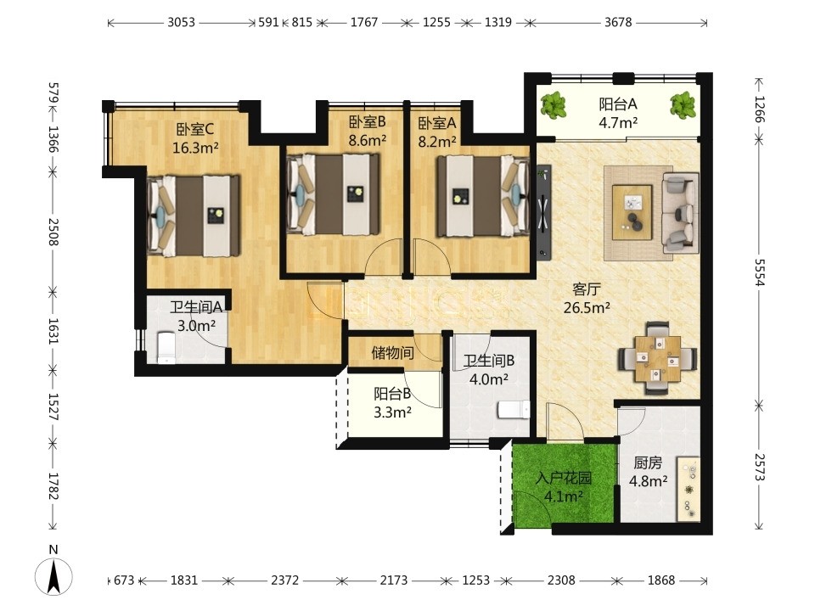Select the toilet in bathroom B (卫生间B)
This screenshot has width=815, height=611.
coord(514,409)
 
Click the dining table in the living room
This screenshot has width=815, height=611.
coord(657,359)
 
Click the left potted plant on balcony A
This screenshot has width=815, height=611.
coord(553,105)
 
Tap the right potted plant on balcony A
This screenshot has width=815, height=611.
coord(683,105)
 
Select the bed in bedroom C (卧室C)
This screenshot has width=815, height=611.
coord(194,216)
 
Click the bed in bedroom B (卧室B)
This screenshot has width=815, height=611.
coord(333,194)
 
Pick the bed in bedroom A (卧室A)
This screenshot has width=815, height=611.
coord(483,195)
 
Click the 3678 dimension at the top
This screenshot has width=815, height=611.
coord(618,22)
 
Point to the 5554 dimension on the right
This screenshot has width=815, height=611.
coord(759,272)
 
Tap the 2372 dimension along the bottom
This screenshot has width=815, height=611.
coord(285,580)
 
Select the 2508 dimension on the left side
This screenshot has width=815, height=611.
coord(53,232)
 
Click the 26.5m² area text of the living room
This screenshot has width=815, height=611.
coord(587,308)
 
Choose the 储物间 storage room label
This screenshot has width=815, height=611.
coord(392,353)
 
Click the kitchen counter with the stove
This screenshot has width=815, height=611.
coord(688,489)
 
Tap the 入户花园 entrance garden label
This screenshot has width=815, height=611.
coord(564,478)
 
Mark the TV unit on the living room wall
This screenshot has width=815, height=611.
coord(543,211)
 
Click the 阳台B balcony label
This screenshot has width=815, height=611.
coord(392,394)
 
